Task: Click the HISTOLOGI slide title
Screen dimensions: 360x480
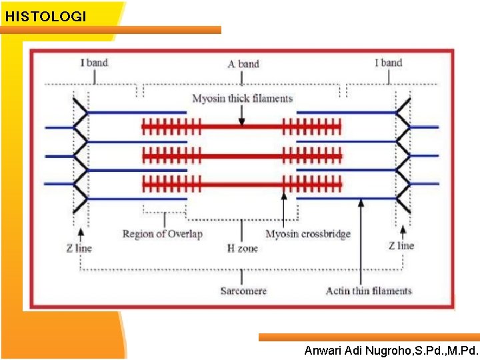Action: (45, 17)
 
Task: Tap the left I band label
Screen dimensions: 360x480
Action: (94, 63)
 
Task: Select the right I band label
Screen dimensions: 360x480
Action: (389, 63)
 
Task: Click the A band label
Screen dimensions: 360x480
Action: (243, 64)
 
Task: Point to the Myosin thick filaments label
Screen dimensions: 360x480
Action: (243, 99)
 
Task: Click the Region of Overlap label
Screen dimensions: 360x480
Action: (162, 234)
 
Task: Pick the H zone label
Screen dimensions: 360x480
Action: (242, 248)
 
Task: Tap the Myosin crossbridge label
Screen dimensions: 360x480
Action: (308, 234)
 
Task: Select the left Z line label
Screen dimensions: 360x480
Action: (79, 248)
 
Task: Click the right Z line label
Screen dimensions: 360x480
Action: (401, 245)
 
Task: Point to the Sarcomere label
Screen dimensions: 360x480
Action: (243, 291)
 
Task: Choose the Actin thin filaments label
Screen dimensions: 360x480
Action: (369, 291)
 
